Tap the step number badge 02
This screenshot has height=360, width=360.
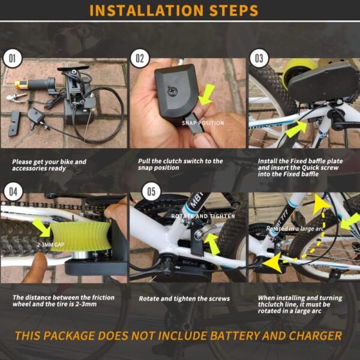(x=139, y=58)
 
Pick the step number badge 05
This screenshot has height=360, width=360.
(x=150, y=192)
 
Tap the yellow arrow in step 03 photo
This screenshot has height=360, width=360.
(x=295, y=128)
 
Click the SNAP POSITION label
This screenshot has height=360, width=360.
(x=203, y=123)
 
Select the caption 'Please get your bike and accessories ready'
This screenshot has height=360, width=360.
(x=50, y=164)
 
